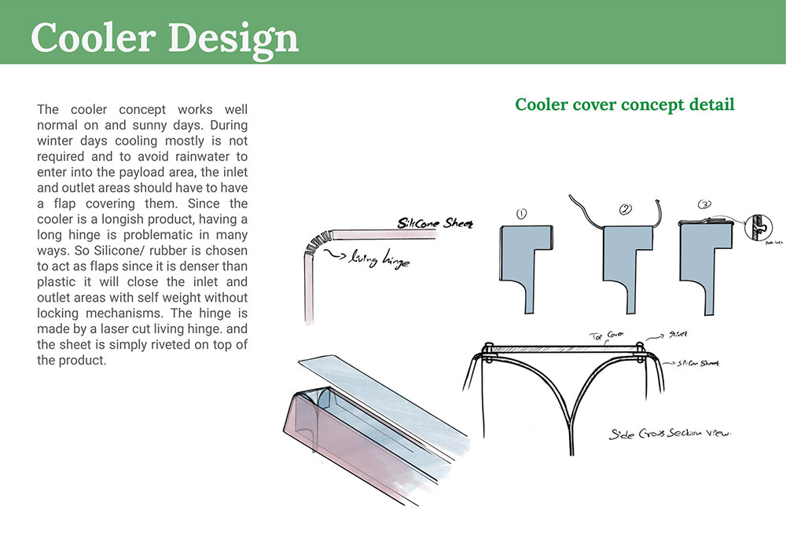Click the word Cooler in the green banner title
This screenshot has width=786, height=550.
coord(91,37)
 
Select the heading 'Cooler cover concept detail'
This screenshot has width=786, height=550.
coord(624,104)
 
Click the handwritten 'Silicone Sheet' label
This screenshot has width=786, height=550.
coord(435,223)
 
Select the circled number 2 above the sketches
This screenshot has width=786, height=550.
coord(626,210)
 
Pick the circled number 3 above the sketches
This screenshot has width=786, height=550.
coord(705,205)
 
